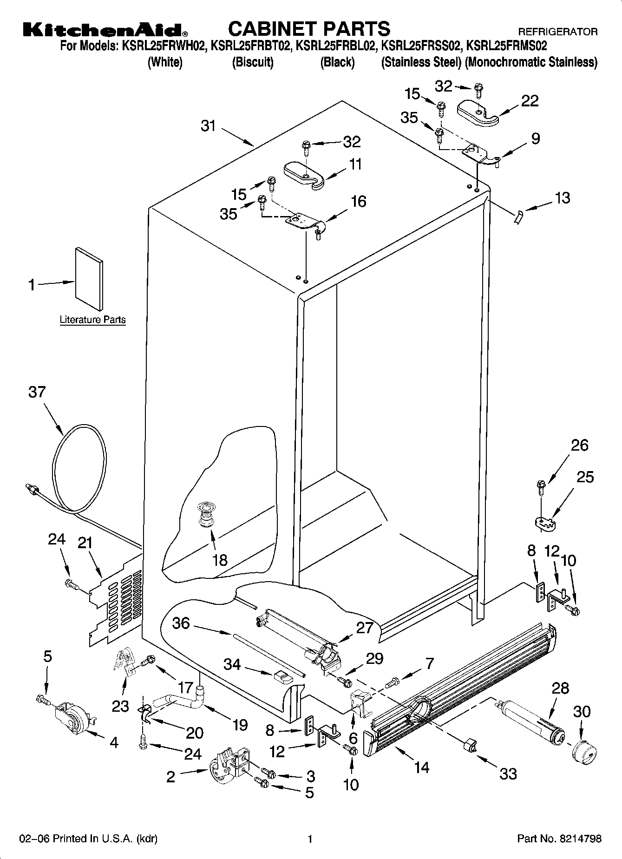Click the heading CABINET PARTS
pos(309,29)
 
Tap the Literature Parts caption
pos(92,320)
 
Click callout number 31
pos(209,125)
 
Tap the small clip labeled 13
pos(518,216)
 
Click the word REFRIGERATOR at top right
pos(557,32)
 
